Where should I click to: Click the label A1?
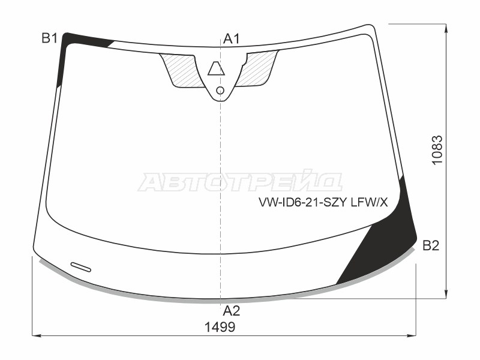(232, 40)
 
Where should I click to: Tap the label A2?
(232, 311)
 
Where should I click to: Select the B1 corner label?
(49, 39)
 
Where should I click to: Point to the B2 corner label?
(431, 245)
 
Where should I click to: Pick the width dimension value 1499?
(219, 327)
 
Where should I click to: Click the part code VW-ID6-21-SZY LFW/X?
(323, 203)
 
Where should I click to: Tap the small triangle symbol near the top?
(216, 69)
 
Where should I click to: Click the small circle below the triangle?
(220, 91)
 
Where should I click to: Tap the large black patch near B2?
(384, 246)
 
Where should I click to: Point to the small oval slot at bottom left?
(80, 267)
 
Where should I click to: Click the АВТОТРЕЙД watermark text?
(240, 182)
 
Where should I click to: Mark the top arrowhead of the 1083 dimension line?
(446, 27)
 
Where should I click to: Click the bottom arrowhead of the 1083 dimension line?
(446, 295)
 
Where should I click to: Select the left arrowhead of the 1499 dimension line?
(35, 335)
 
